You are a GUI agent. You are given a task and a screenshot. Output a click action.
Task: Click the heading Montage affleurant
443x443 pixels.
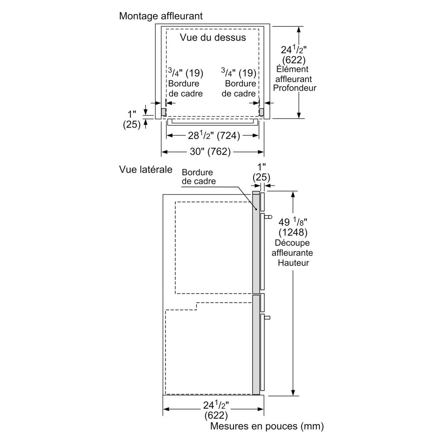[x=161, y=16]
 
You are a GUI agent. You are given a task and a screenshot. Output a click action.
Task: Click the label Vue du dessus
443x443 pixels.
[x=213, y=38]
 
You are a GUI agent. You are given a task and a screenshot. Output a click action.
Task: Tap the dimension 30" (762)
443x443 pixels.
[x=212, y=152]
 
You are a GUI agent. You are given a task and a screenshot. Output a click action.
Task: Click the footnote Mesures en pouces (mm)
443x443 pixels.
[x=267, y=426]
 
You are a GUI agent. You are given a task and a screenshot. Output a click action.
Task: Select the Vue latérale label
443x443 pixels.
[x=146, y=169]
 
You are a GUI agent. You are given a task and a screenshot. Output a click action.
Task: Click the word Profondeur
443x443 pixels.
[x=295, y=88]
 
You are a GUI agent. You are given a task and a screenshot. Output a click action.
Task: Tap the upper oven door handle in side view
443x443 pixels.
[x=267, y=216]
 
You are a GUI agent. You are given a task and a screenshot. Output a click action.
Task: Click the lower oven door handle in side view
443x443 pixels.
[x=266, y=318]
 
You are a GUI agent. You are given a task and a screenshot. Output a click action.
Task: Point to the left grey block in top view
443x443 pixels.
[x=164, y=112]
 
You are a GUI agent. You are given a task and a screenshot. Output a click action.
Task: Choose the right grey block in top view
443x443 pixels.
[x=261, y=112]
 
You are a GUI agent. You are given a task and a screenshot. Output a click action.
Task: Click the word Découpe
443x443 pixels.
[x=294, y=243]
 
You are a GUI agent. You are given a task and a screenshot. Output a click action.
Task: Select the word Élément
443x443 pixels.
[x=292, y=69]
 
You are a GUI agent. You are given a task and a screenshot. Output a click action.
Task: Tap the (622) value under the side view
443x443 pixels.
[x=216, y=416]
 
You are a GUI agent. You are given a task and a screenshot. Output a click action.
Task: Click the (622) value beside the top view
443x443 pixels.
[x=293, y=60]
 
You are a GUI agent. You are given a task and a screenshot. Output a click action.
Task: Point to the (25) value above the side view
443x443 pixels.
[x=261, y=177]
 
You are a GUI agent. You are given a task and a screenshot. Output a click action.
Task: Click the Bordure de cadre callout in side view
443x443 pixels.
[x=199, y=177]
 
